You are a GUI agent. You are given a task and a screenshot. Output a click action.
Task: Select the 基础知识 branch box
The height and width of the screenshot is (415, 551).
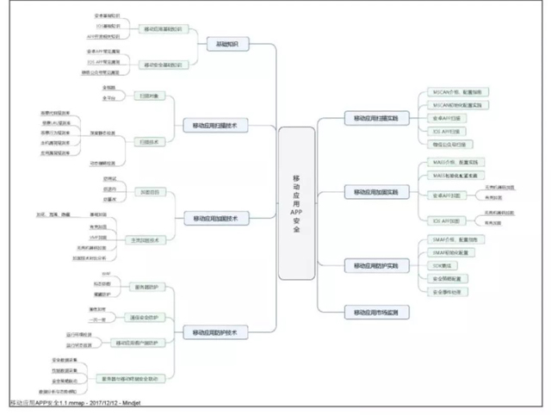tap(227, 44)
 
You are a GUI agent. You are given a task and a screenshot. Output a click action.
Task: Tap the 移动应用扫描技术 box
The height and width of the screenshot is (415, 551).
tap(214, 126)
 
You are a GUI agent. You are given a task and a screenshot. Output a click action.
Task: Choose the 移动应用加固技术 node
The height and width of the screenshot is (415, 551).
tap(214, 219)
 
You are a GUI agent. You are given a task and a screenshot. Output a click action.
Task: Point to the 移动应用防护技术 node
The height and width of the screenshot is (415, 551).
tap(214, 331)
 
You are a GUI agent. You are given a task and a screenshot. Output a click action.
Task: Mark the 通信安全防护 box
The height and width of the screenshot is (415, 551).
tap(146, 317)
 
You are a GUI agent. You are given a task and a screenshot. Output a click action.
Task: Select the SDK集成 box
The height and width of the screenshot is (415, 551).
tap(447, 266)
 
